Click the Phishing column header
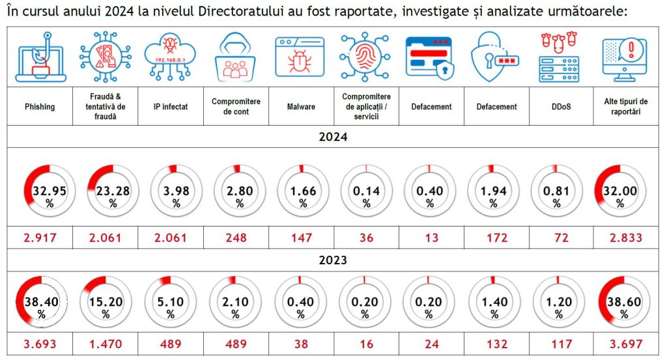coord(40,106)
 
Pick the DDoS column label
coord(558,106)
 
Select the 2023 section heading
coord(333,260)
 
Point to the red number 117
coord(558,344)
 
